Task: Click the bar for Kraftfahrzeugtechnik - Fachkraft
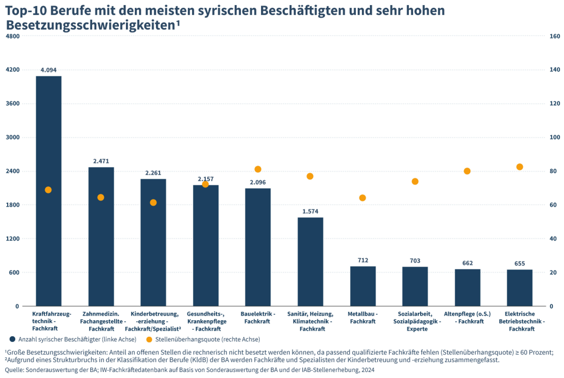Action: click(x=49, y=238)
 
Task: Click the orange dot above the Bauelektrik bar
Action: click(x=258, y=169)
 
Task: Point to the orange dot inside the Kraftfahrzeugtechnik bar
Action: click(x=48, y=190)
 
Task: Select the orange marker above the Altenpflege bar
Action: click(x=467, y=171)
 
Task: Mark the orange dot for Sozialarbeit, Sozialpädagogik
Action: click(x=415, y=182)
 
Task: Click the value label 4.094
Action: click(x=48, y=70)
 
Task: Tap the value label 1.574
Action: click(x=310, y=212)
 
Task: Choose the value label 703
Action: click(x=415, y=261)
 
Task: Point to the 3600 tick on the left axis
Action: click(x=12, y=104)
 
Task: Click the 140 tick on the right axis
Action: click(x=555, y=70)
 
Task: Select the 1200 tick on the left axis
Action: click(x=12, y=239)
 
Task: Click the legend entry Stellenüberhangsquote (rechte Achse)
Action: click(x=207, y=339)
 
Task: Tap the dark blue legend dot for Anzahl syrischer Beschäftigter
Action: click(x=12, y=339)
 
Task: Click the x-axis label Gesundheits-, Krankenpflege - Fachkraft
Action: click(x=207, y=321)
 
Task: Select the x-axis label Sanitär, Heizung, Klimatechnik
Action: click(x=310, y=321)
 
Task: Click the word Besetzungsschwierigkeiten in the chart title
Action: click(x=90, y=25)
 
